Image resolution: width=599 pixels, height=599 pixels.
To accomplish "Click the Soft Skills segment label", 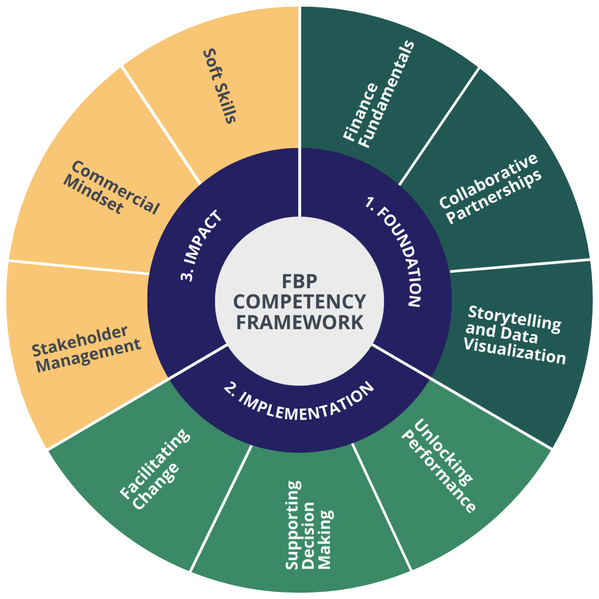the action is [220, 86].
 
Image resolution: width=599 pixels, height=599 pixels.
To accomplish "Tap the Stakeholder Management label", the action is [86, 349].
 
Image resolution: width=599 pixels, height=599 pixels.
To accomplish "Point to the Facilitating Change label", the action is [155, 469].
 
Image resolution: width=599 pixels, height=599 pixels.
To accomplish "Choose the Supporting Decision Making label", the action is [309, 525].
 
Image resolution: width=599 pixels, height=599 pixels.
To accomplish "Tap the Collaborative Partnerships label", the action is [490, 189].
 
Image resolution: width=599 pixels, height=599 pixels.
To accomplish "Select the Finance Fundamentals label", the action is [378, 94].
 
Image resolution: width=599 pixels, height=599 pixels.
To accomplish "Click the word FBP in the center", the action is [299, 281].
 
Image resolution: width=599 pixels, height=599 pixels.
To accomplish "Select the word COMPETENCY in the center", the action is [299, 301].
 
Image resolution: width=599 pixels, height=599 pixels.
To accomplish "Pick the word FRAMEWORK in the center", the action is [299, 322].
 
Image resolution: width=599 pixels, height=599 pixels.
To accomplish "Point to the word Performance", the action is [438, 471].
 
